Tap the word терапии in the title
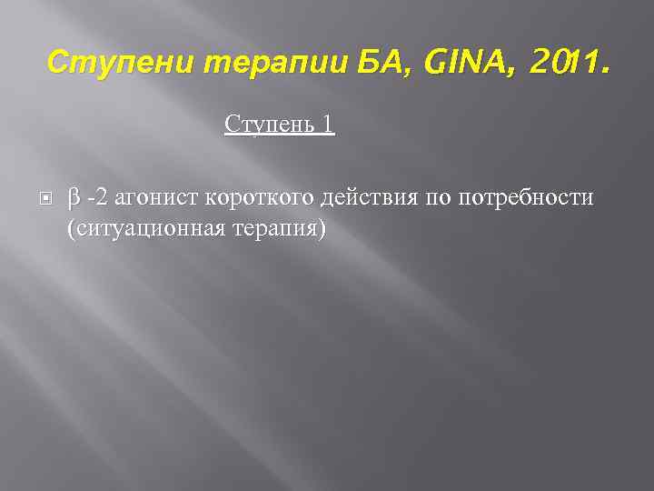(247, 63)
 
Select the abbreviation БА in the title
(344, 63)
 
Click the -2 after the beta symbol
(95, 197)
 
